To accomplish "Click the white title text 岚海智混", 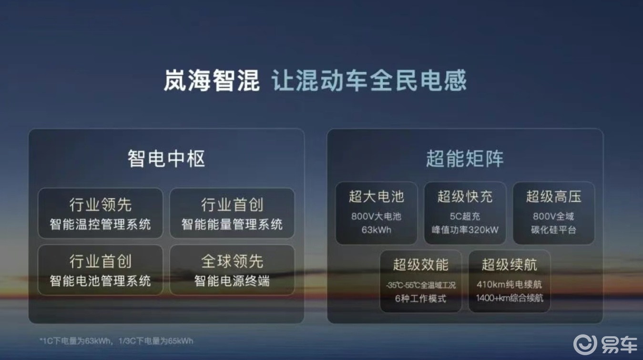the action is click(x=212, y=81).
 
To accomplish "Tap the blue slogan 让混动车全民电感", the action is click(x=369, y=81).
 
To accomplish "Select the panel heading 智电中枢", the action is click(x=166, y=158).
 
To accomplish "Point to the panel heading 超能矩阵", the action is click(x=465, y=158).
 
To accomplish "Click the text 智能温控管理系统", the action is click(x=100, y=224).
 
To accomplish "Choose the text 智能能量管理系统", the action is click(x=232, y=224).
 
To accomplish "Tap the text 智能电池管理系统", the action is click(x=100, y=281).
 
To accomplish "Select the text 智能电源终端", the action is click(x=232, y=281).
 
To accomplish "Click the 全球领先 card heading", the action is click(x=232, y=261).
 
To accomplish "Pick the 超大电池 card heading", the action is click(x=377, y=196).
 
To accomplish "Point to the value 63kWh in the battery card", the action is click(x=377, y=230).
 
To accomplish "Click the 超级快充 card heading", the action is click(x=465, y=196).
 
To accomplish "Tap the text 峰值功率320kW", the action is click(x=465, y=230).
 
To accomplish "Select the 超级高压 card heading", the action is click(x=554, y=196).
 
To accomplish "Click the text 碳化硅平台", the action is click(x=554, y=230).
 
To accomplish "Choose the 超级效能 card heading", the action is click(x=421, y=265).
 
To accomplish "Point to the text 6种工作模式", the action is click(x=421, y=298).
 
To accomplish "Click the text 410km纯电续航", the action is click(x=510, y=285).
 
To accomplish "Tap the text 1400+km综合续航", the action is click(x=510, y=298).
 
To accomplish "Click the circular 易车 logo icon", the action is click(x=585, y=344).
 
